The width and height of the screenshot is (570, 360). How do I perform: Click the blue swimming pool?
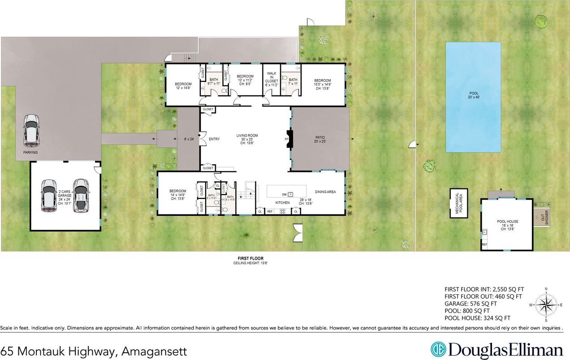(473, 97)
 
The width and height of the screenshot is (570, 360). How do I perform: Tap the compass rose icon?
(546, 305)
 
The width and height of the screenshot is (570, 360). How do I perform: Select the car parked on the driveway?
(31, 130)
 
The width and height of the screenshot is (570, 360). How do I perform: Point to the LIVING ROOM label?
(247, 136)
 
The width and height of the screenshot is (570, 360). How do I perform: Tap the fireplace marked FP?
(289, 139)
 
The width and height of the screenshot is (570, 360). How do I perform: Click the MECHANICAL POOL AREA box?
(458, 203)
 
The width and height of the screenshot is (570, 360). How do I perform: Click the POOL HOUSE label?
(507, 222)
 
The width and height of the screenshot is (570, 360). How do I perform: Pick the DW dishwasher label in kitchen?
(284, 194)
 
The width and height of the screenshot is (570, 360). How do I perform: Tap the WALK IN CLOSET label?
(272, 77)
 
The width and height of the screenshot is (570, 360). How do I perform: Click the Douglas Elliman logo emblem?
(439, 350)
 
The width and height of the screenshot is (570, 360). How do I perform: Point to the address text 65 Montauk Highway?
(93, 351)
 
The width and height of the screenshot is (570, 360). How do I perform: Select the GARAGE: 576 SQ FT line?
(477, 303)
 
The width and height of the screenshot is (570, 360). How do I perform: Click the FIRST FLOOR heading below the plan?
(250, 258)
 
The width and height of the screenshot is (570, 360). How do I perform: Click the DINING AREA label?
(325, 192)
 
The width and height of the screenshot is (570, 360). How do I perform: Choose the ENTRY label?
(214, 139)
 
